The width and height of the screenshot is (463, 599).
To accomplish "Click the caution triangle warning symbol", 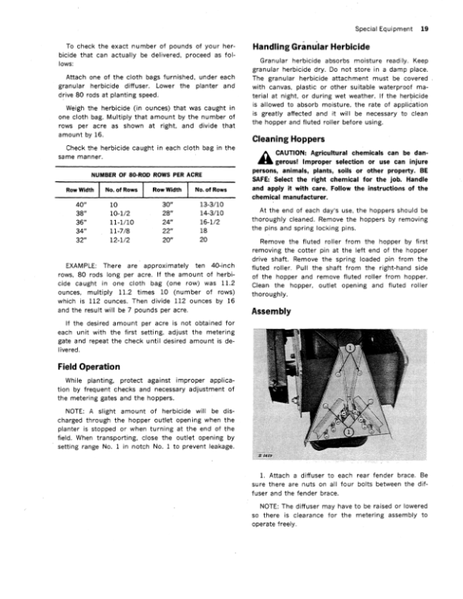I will point(262,156).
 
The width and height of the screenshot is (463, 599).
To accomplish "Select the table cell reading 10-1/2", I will point(120,216).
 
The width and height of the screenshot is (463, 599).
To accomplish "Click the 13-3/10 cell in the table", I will point(211,205).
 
